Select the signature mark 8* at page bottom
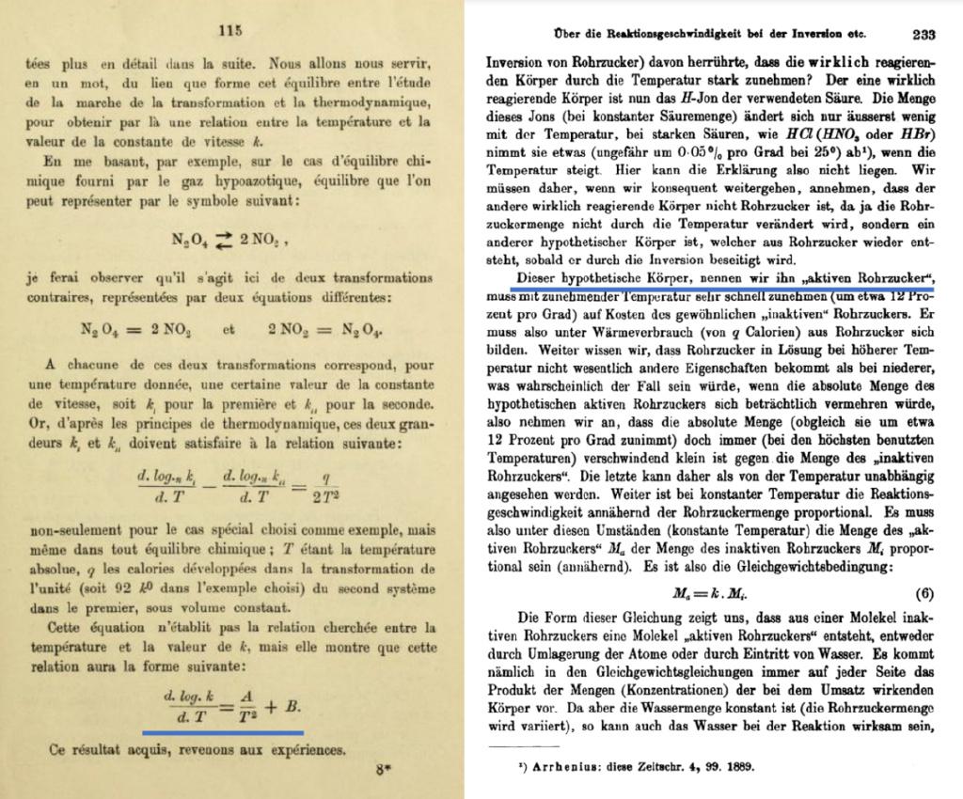[x=382, y=771]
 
